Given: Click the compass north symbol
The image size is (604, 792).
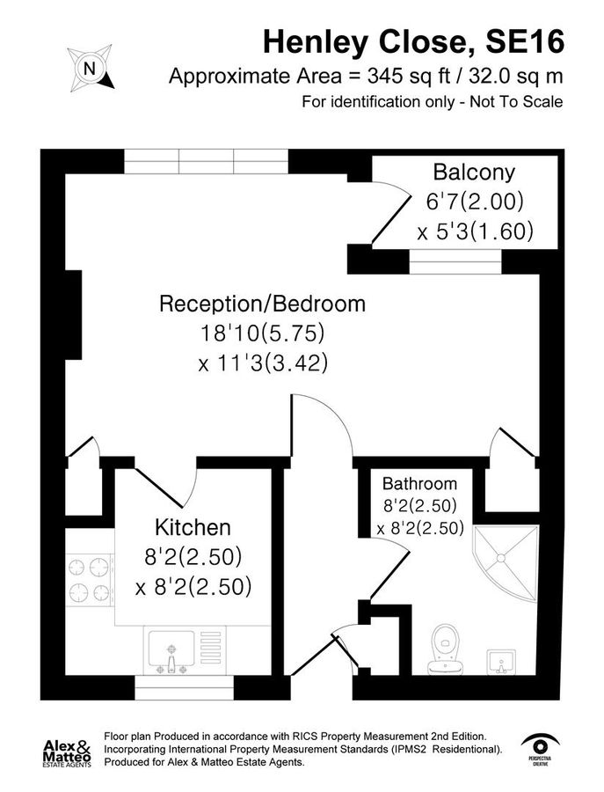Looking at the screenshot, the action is [x=91, y=68].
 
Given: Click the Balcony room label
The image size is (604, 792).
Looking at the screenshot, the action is [x=474, y=172].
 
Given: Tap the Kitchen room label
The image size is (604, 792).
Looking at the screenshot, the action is [x=193, y=527].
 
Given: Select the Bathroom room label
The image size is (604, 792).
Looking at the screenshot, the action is [x=420, y=484].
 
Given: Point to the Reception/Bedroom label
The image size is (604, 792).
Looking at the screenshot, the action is [x=262, y=304].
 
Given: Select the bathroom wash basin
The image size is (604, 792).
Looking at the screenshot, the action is [x=500, y=662].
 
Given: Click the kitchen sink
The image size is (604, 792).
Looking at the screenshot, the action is [x=171, y=651].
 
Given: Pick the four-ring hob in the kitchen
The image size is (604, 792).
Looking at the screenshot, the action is [x=89, y=580].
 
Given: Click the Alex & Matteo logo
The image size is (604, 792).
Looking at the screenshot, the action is [x=67, y=753].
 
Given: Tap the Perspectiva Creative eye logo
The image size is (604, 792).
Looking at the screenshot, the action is [x=541, y=750].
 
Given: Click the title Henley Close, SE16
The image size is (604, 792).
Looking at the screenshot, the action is [x=413, y=42].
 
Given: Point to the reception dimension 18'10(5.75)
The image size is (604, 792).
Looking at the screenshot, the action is [x=262, y=334].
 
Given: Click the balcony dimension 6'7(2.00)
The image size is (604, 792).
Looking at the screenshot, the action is [x=475, y=202].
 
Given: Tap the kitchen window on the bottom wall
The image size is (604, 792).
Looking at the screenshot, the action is [x=184, y=688].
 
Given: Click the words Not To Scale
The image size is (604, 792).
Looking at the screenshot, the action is [x=516, y=102].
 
